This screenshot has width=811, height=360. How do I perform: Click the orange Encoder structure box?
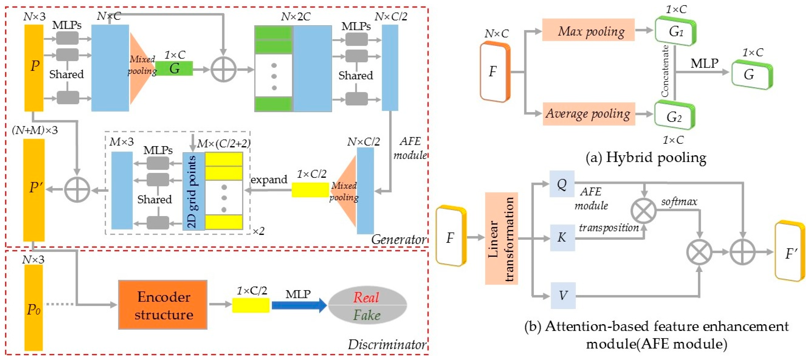(163, 305)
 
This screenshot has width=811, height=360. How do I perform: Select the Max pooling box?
(588, 30)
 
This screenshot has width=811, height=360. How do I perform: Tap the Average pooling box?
(589, 114)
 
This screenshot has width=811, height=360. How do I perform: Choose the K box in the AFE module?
(562, 238)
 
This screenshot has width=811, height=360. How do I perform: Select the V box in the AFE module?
(563, 296)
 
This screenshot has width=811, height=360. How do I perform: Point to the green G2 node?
(674, 116)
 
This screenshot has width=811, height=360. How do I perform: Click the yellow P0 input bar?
(34, 308)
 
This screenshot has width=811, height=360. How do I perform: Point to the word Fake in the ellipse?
(367, 315)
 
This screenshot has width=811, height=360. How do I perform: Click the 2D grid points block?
(194, 191)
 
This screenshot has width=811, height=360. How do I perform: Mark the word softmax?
(679, 201)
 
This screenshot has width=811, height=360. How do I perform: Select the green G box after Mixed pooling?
(174, 68)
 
